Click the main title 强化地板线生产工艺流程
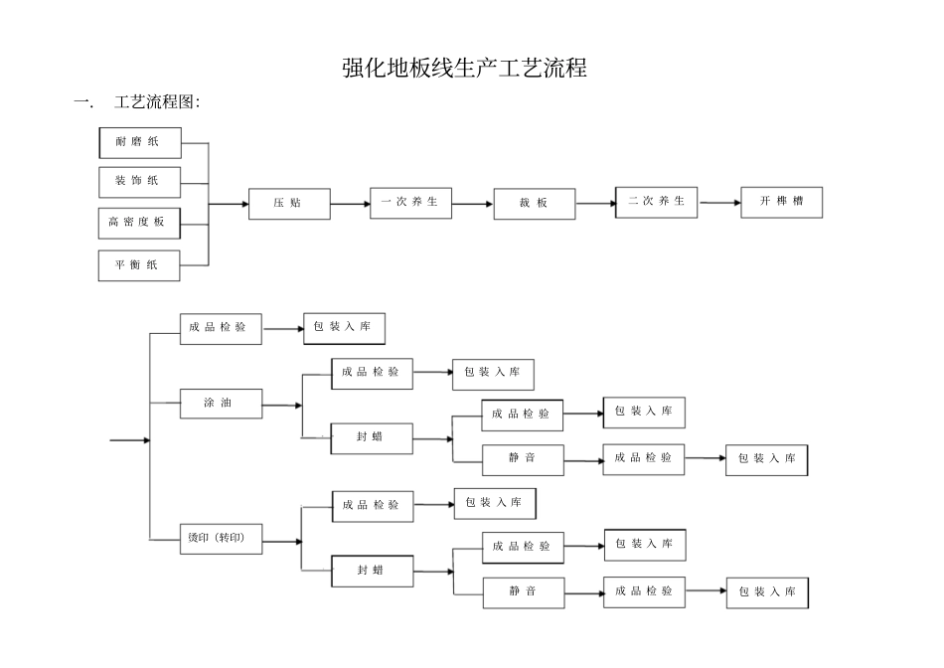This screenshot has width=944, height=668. [465, 68]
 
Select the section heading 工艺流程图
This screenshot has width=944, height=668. [157, 101]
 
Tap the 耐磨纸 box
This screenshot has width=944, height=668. [140, 142]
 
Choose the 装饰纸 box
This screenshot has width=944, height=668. [140, 182]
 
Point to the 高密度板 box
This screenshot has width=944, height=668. [139, 223]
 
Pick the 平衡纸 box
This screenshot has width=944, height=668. [140, 265]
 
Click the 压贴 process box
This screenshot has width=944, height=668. [289, 204]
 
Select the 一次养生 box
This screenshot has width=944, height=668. [410, 203]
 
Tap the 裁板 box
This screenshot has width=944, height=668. [534, 204]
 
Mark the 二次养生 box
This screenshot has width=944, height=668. [656, 202]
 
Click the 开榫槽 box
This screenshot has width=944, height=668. [781, 202]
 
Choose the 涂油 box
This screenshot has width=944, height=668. [221, 404]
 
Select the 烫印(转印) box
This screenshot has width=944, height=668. [221, 540]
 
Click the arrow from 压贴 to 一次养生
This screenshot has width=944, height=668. [350, 205]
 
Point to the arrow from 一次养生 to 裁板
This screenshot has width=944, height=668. [472, 205]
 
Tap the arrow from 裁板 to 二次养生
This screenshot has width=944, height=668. [595, 205]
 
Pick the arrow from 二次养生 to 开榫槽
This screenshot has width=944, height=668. [719, 204]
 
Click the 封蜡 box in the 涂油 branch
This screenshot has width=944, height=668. [372, 437]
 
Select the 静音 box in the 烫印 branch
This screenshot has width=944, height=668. [524, 592]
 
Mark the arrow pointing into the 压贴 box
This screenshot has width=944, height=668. [229, 205]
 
